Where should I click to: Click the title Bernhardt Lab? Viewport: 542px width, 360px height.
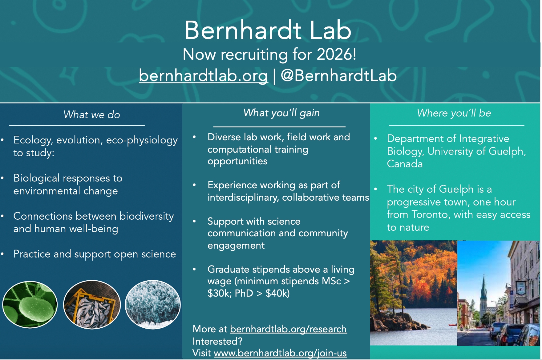pyautogui.click(x=268, y=30)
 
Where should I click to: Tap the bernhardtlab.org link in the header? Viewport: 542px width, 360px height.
pyautogui.click(x=203, y=75)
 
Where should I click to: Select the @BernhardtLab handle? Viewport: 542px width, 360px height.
pyautogui.click(x=338, y=75)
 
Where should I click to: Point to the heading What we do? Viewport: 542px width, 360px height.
pyautogui.click(x=92, y=114)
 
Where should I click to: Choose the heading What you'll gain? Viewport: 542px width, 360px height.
pyautogui.click(x=281, y=113)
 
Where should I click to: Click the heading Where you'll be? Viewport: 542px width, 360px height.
pyautogui.click(x=454, y=113)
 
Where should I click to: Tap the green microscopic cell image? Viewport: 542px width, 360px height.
pyautogui.click(x=30, y=304)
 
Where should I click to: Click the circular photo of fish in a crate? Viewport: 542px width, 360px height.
pyautogui.click(x=92, y=304)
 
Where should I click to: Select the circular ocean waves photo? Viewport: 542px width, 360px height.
pyautogui.click(x=153, y=304)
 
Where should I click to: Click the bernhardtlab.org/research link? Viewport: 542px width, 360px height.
pyautogui.click(x=288, y=329)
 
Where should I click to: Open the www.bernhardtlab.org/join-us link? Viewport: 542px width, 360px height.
pyautogui.click(x=280, y=353)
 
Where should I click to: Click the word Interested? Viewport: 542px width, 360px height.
pyautogui.click(x=217, y=341)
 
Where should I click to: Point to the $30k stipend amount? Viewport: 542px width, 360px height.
pyautogui.click(x=220, y=293)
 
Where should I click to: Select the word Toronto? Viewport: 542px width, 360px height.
pyautogui.click(x=431, y=214)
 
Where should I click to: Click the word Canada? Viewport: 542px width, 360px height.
pyautogui.click(x=405, y=164)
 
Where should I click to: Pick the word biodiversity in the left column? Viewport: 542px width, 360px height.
pyautogui.click(x=147, y=216)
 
